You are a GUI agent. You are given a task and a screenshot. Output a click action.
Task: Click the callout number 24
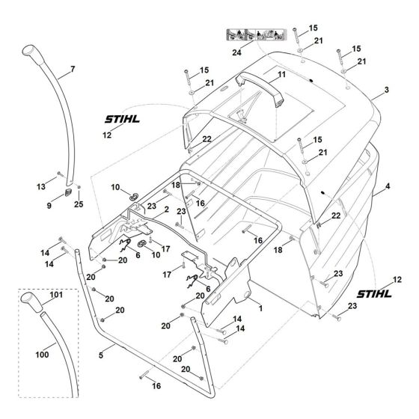click(x=236, y=53)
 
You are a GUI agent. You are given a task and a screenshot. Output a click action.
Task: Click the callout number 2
click(x=156, y=212)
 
